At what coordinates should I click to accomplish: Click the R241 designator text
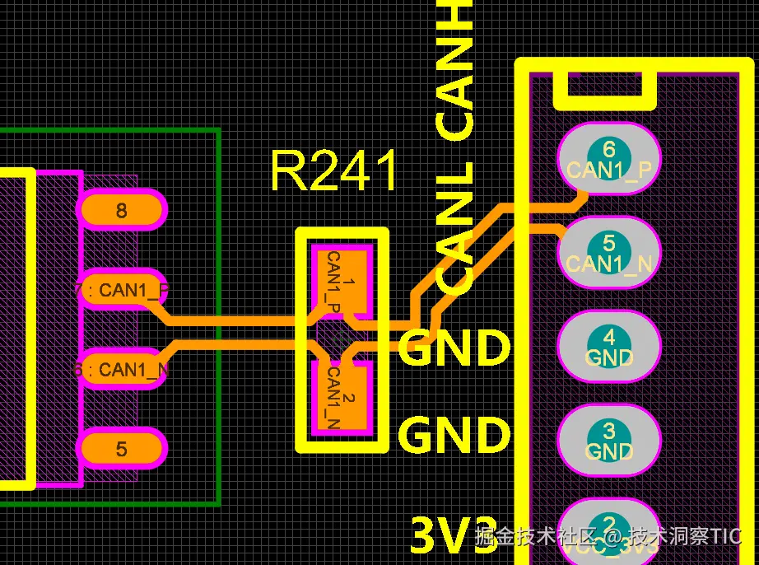click(x=334, y=171)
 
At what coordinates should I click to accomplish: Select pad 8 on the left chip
click(x=122, y=210)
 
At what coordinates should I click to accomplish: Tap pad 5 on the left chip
click(x=122, y=449)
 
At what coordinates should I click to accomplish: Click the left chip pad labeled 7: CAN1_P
click(x=122, y=290)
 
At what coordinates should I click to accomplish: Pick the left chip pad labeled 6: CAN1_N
click(x=122, y=370)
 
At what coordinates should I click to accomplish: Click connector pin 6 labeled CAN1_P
click(x=609, y=160)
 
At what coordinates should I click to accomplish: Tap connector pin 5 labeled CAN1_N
click(x=609, y=253)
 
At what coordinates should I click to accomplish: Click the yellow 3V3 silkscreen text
click(x=454, y=536)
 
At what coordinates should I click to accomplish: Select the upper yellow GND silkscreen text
click(x=454, y=348)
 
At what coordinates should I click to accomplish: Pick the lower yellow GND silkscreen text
click(x=454, y=435)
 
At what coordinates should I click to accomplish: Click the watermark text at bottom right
click(x=609, y=537)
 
